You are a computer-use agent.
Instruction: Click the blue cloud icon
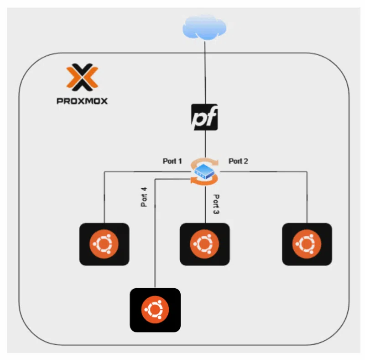pyautogui.click(x=204, y=27)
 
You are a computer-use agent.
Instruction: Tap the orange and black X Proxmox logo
pyautogui.click(x=82, y=77)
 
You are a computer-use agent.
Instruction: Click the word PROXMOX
pyautogui.click(x=82, y=101)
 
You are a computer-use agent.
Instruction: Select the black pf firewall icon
pyautogui.click(x=204, y=117)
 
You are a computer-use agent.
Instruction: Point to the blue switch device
pyautogui.click(x=204, y=172)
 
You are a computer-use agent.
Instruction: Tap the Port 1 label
pyautogui.click(x=172, y=161)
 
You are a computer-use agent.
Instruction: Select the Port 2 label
pyautogui.click(x=238, y=161)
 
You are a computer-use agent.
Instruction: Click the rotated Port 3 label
pyautogui.click(x=216, y=204)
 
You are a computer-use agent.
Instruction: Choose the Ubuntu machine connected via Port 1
pyautogui.click(x=104, y=244)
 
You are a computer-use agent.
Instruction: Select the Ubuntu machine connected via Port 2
pyautogui.click(x=307, y=244)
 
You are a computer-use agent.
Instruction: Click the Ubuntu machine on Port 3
pyautogui.click(x=204, y=244)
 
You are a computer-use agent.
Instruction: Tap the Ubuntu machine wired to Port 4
pyautogui.click(x=155, y=310)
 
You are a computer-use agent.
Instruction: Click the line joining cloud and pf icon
pyautogui.click(x=205, y=73)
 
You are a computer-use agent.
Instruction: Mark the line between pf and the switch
pyautogui.click(x=205, y=144)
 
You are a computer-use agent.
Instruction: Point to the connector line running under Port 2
pyautogui.click(x=265, y=171)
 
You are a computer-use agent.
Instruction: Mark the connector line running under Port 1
pyautogui.click(x=146, y=172)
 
